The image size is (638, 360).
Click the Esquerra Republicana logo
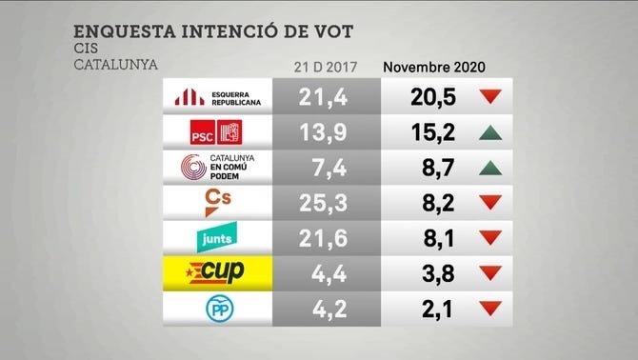point(216,96)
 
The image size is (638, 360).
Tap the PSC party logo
point(217,132)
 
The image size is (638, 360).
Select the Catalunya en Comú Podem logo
point(217,168)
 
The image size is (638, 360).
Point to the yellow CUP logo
point(218,272)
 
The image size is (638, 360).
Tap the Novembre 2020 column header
point(434,67)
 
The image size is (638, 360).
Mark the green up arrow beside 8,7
point(490,168)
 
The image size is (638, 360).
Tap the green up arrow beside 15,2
point(490,132)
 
